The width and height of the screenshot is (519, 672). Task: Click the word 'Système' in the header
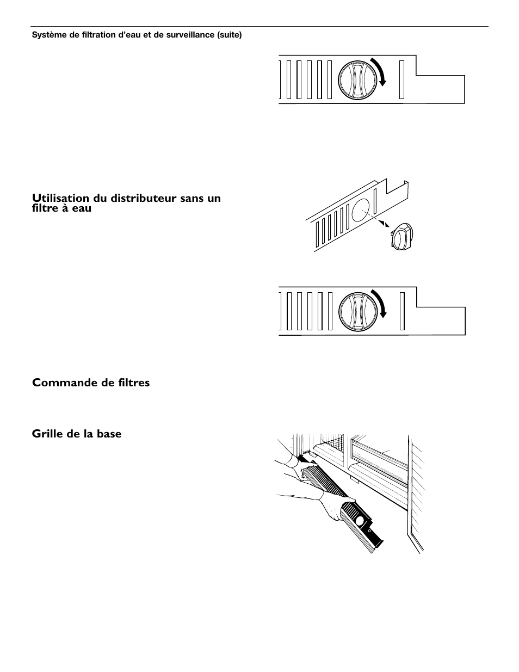point(46,34)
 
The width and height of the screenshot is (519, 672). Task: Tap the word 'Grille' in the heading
point(47,434)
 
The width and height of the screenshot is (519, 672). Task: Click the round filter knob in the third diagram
point(357,311)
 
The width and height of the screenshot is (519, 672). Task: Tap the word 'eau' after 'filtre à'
point(82,208)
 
